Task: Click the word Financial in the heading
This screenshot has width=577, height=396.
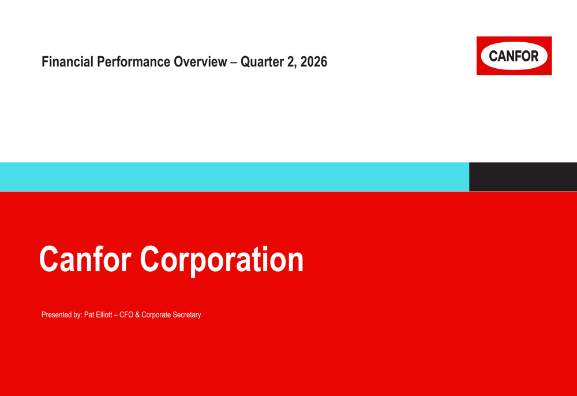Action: click(68, 62)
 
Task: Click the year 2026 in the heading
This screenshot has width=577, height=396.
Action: click(313, 62)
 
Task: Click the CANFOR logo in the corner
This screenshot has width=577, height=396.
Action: click(514, 55)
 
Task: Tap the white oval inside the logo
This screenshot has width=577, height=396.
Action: click(514, 55)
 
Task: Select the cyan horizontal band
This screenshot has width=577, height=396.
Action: click(234, 177)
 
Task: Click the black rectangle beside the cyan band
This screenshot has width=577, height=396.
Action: click(523, 177)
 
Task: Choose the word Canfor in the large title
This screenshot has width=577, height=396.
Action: click(85, 259)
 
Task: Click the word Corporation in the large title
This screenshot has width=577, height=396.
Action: click(222, 260)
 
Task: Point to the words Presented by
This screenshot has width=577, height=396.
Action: click(62, 315)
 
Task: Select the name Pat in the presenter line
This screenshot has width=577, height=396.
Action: click(89, 314)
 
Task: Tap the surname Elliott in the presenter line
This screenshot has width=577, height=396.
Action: click(104, 314)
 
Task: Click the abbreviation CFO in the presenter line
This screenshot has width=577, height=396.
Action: click(126, 314)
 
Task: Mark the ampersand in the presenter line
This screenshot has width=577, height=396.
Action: click(137, 314)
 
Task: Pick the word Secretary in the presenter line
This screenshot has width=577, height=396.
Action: click(186, 315)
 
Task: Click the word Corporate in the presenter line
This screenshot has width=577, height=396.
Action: click(156, 315)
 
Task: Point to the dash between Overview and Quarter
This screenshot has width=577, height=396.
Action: click(234, 62)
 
